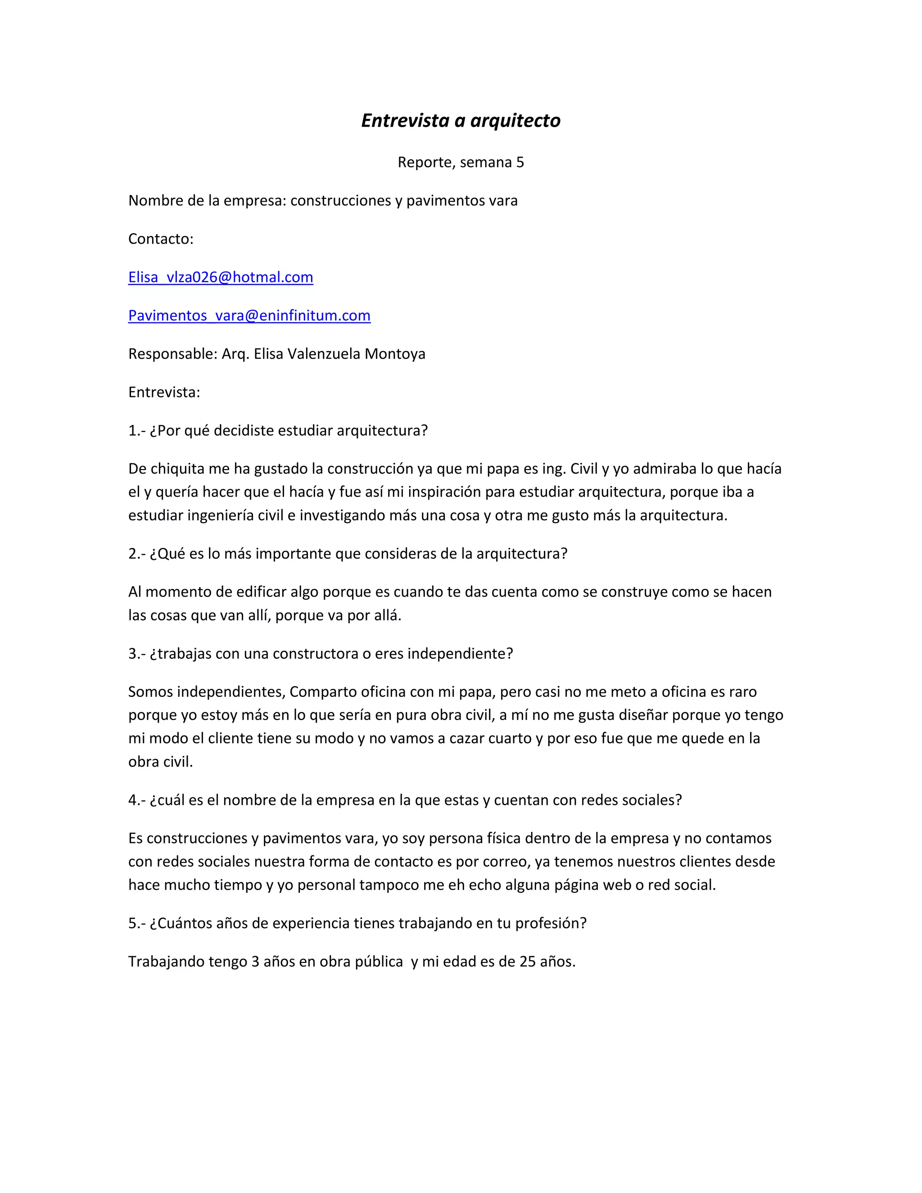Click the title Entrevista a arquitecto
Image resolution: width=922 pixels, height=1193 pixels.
(x=461, y=121)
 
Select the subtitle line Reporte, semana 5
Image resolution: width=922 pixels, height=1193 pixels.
(x=461, y=162)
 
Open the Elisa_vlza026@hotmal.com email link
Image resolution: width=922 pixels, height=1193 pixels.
(x=221, y=277)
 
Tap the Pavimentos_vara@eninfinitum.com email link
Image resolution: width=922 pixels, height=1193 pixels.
(x=249, y=316)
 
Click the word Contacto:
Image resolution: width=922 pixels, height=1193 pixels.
(x=161, y=239)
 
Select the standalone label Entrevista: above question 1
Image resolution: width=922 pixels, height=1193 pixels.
(x=164, y=392)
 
